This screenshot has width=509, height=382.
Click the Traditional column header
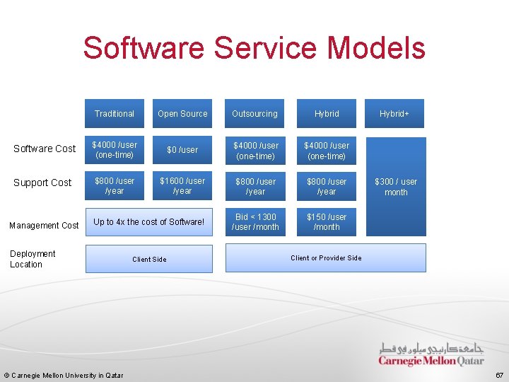point(115,113)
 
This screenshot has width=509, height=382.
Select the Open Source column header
point(182,113)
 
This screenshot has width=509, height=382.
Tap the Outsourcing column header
point(255,113)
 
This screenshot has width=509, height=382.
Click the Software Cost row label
point(45,149)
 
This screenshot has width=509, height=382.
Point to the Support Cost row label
point(42,183)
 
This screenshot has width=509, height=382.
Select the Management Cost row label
point(44,225)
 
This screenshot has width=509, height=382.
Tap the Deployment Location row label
point(33,259)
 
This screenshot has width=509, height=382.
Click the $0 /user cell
point(182,150)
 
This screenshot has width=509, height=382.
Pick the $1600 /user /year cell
point(182,186)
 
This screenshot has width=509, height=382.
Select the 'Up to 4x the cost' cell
point(148,222)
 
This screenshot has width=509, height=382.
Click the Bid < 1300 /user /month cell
point(255,222)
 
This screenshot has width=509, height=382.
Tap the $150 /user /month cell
point(327,222)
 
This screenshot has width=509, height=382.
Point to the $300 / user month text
point(396,187)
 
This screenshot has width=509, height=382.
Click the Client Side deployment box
point(149,259)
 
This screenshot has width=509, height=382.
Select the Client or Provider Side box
point(326,257)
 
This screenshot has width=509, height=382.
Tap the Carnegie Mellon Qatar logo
point(431,354)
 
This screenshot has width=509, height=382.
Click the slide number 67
point(499,374)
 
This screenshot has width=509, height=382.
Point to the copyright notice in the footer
point(64,375)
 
